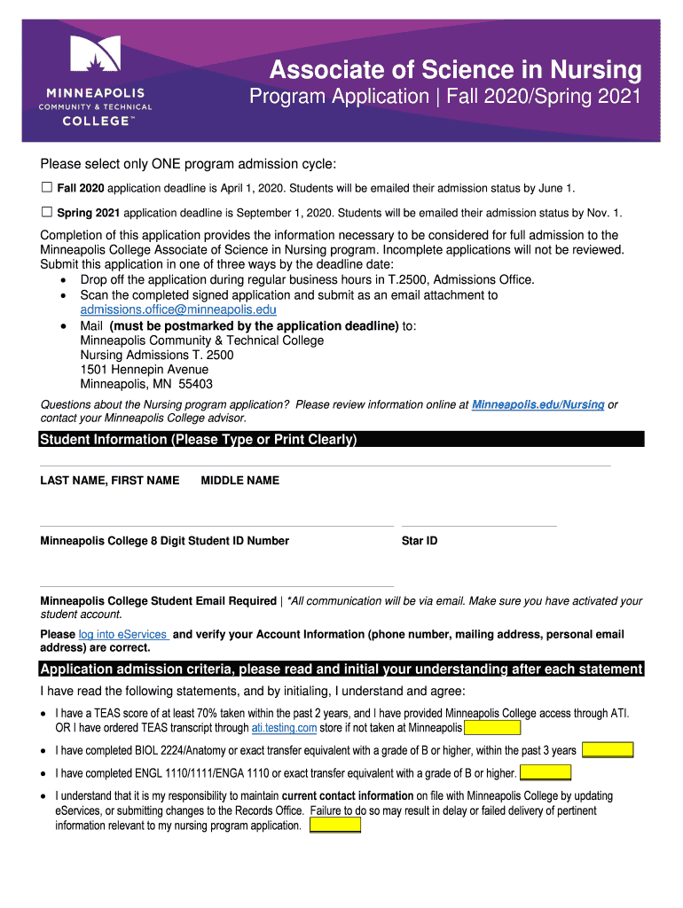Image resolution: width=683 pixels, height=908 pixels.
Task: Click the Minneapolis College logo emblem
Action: point(95,57)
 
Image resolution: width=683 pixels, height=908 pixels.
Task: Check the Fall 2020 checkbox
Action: point(47,188)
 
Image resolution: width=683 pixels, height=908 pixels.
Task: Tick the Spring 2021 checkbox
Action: point(47,213)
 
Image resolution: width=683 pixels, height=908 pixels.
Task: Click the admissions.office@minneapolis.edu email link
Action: point(178,309)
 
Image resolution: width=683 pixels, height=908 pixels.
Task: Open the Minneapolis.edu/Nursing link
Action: point(538,404)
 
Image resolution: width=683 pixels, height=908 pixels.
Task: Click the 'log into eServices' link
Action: point(124,634)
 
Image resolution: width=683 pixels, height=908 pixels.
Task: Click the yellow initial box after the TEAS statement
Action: point(492,728)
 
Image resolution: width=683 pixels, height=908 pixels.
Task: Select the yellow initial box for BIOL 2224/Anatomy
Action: point(607,750)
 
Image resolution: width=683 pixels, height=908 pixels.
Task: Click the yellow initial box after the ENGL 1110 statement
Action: point(545,773)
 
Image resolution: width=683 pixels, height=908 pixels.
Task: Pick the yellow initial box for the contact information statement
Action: point(334,826)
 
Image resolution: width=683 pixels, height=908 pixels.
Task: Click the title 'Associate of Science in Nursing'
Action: point(455,70)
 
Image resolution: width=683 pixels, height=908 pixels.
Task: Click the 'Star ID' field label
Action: point(420,541)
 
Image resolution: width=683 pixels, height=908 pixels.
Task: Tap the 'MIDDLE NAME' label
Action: point(239,481)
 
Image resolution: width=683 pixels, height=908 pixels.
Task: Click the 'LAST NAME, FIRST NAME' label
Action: point(110,481)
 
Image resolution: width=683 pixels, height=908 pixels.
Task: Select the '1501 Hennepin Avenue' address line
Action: point(145,370)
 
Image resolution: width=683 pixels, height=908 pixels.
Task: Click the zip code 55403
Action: point(195,385)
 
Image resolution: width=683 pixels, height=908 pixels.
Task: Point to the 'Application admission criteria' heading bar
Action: point(341,669)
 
